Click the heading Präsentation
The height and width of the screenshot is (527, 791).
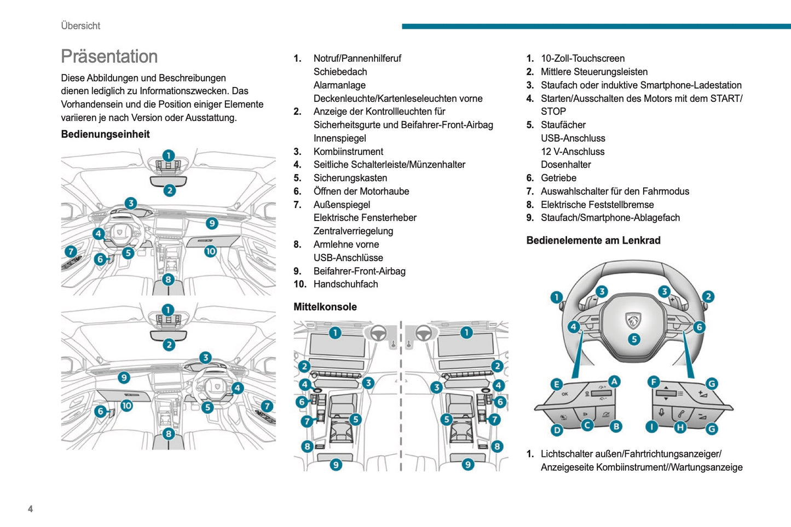[x=109, y=56]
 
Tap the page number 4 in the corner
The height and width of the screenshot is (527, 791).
[x=30, y=509]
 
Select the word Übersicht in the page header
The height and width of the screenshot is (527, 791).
[x=80, y=26]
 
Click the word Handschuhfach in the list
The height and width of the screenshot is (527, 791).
[x=345, y=284]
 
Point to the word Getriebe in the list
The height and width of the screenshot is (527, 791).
[x=558, y=178]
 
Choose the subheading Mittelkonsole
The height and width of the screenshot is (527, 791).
[x=325, y=307]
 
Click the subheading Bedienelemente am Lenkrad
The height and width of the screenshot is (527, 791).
[x=593, y=240]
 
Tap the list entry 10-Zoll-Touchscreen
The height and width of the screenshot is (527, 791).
[x=582, y=59]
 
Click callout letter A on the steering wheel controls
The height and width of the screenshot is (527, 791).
[x=614, y=381]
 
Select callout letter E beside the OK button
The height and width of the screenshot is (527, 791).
[x=556, y=384]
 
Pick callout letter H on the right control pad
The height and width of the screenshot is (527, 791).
[x=680, y=427]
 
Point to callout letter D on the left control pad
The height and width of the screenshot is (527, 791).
[x=557, y=430]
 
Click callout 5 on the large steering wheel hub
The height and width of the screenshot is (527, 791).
[x=634, y=339]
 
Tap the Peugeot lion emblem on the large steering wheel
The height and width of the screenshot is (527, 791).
[x=633, y=321]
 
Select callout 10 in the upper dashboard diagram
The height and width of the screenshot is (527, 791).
[x=210, y=251]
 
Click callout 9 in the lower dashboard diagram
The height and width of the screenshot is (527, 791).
[x=124, y=378]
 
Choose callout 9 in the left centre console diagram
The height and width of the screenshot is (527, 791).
[x=336, y=465]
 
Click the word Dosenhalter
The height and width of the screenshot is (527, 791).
[x=565, y=165]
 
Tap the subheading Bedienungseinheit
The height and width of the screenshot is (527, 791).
[x=105, y=134]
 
